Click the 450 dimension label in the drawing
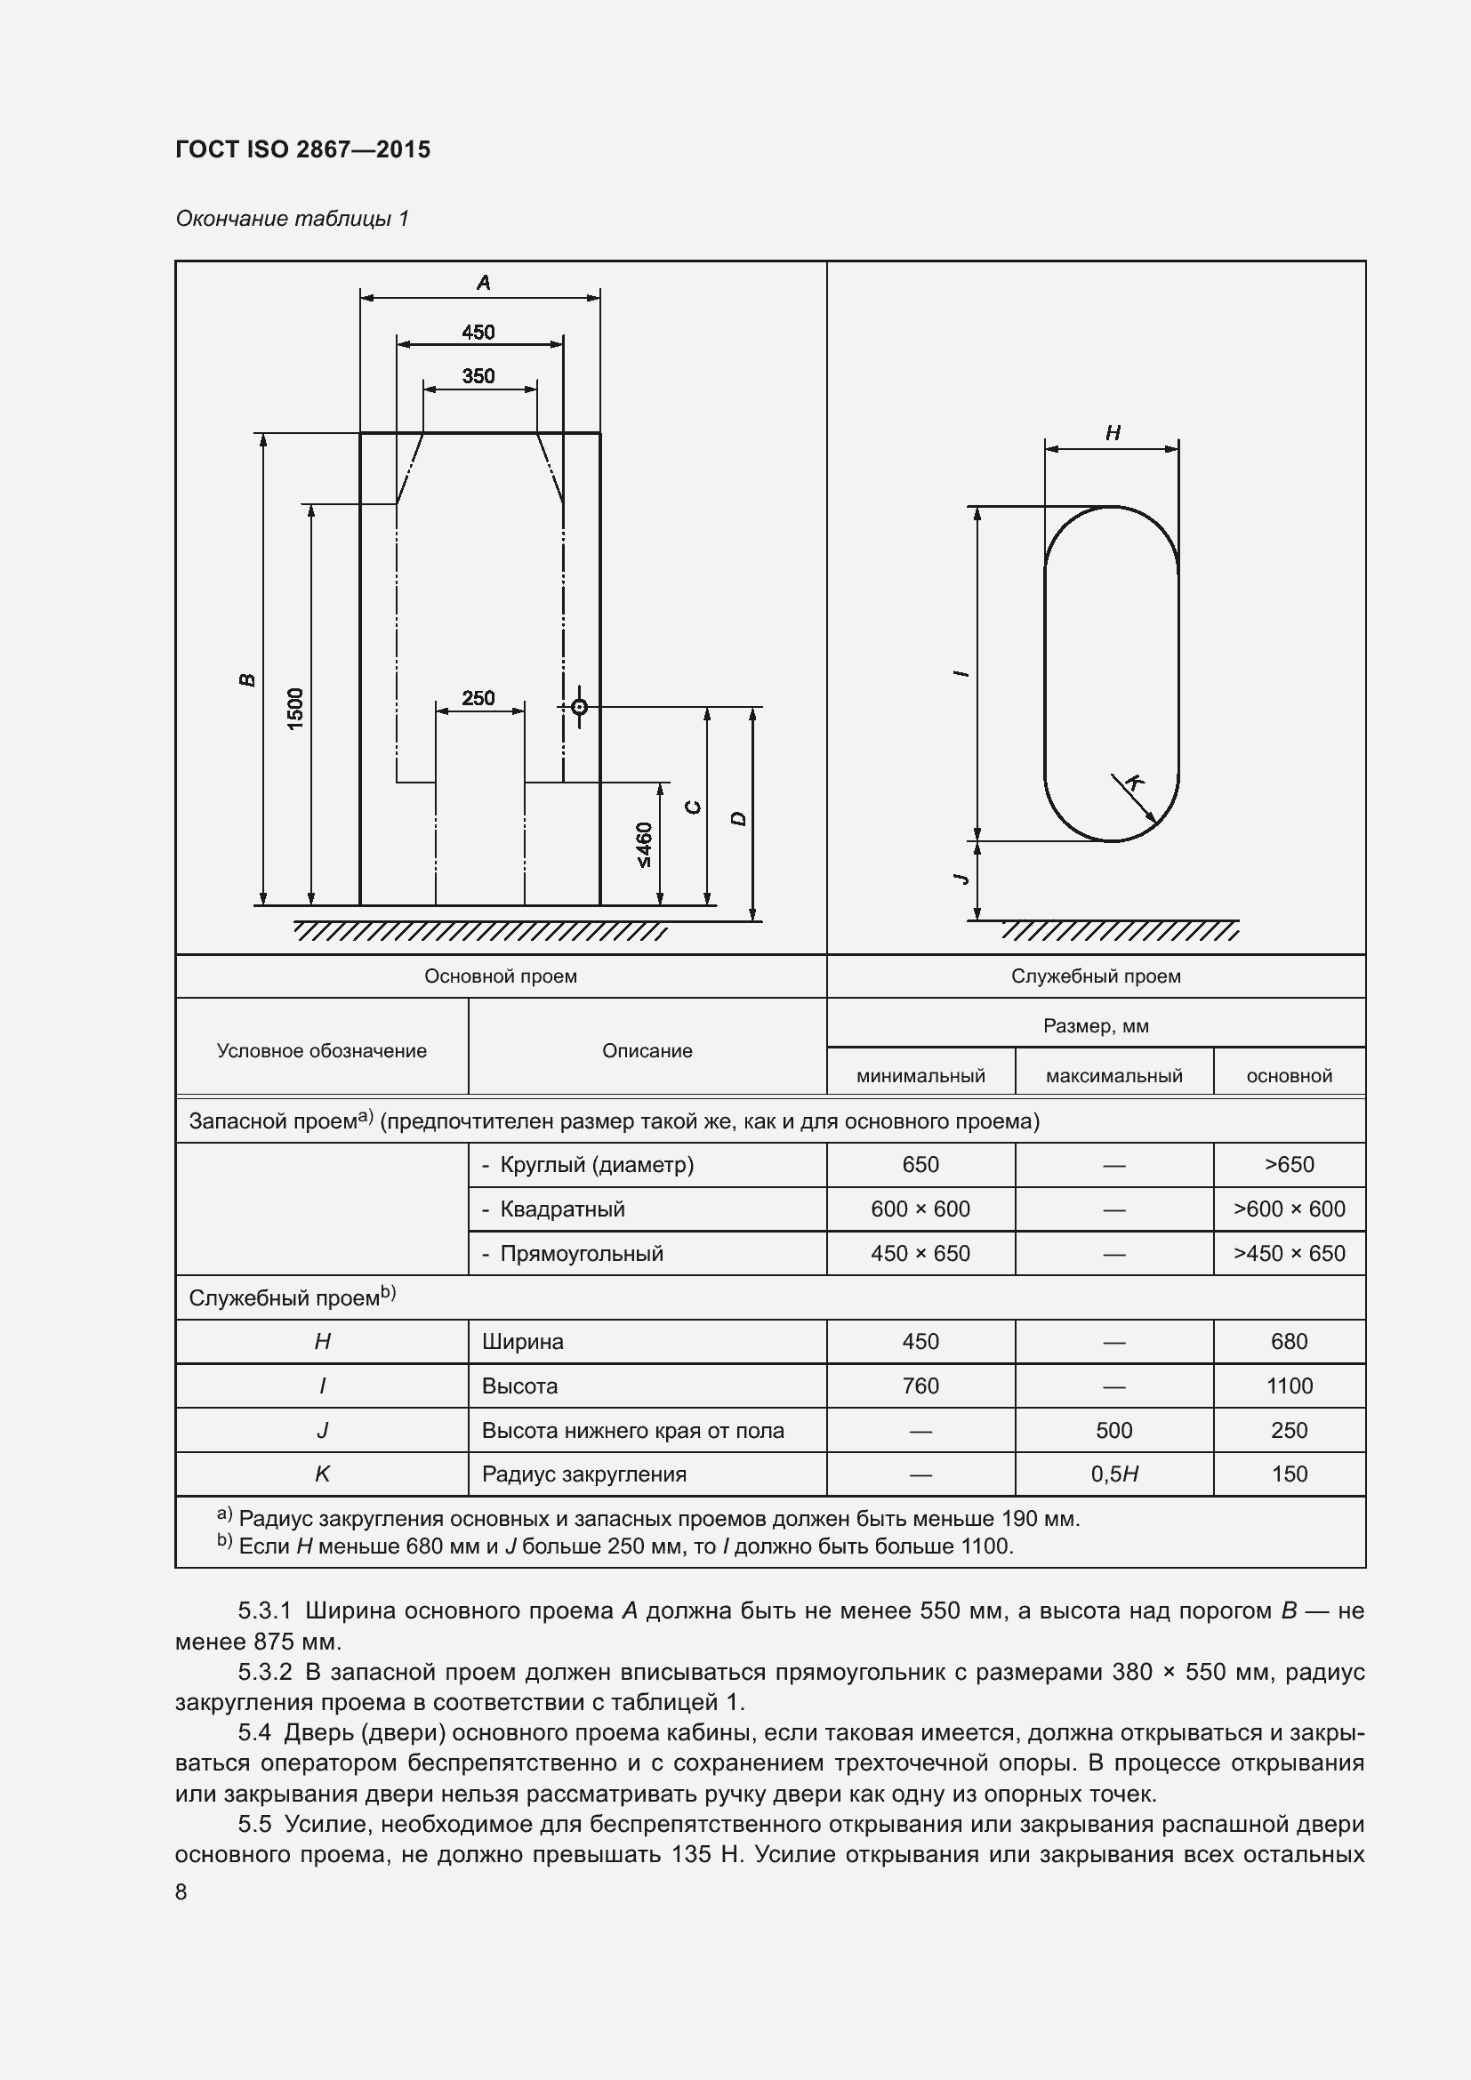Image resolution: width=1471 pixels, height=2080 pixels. click(478, 333)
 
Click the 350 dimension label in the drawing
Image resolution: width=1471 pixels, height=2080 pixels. click(478, 376)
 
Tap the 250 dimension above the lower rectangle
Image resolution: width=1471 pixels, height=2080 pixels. click(478, 698)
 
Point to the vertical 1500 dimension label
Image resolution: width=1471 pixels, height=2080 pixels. click(296, 709)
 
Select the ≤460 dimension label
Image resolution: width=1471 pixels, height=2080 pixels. click(644, 844)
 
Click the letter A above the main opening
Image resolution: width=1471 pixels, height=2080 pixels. click(484, 283)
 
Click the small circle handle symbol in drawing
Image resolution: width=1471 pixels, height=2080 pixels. click(580, 707)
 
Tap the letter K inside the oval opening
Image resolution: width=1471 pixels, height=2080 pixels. click(1133, 782)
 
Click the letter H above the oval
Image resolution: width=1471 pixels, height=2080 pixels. click(1113, 433)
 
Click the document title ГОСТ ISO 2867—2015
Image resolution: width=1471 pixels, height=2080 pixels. click(302, 149)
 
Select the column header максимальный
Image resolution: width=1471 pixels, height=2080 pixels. click(1114, 1075)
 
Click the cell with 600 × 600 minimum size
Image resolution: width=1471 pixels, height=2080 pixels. click(920, 1209)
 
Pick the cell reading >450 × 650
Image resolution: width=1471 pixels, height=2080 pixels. click(1289, 1253)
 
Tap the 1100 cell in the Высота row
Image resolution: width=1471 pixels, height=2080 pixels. click(1289, 1385)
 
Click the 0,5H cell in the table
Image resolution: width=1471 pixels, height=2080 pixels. click(1114, 1474)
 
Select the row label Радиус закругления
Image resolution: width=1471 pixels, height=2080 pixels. click(583, 1474)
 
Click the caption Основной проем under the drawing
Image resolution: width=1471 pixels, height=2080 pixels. click(500, 976)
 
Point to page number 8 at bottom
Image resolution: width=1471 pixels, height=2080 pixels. click(181, 1892)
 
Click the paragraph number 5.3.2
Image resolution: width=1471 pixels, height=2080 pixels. click(264, 1672)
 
